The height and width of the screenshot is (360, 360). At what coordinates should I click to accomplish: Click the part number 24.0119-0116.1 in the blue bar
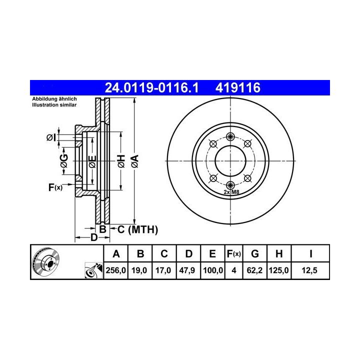(151, 87)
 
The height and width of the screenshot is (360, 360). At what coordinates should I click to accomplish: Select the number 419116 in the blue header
(238, 87)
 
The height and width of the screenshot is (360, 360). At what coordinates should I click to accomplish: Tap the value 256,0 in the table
(115, 270)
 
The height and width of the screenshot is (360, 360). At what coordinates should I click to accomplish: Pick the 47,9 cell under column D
(187, 270)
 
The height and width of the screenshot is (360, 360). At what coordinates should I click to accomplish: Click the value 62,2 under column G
(254, 270)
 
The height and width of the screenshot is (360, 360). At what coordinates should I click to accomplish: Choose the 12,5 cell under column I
(309, 270)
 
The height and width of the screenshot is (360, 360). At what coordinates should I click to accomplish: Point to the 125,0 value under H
(278, 270)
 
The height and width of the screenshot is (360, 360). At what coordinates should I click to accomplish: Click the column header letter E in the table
(212, 253)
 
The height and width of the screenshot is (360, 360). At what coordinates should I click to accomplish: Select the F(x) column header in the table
(233, 254)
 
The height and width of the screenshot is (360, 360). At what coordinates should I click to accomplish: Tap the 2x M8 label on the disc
(231, 192)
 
